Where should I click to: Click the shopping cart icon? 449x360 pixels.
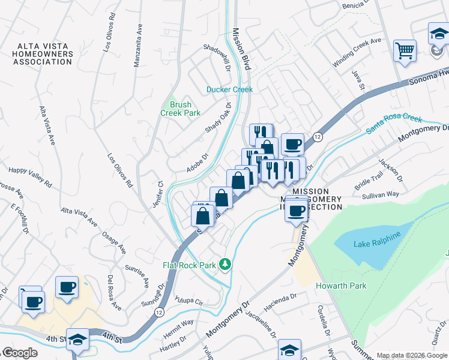pos(405,50)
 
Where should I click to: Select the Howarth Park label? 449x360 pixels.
pos(341,286)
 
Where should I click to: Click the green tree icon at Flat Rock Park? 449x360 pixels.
pos(225,264)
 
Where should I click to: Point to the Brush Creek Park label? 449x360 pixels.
pos(180,109)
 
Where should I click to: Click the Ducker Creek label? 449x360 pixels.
pos(229,89)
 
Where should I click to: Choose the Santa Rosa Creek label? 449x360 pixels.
pos(394,124)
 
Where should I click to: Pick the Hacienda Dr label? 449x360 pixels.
pos(280,303)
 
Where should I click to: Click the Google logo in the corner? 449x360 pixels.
pos(19,353)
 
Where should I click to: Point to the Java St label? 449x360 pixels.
pos(362,80)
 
